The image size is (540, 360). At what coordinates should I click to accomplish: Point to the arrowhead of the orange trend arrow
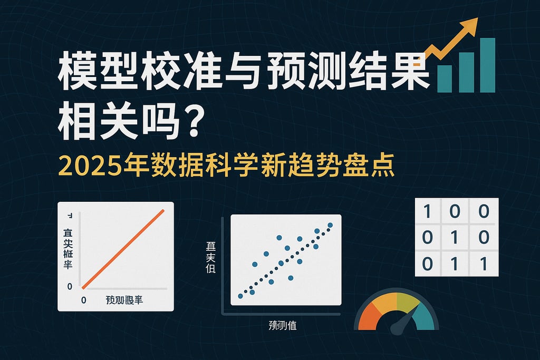[x=471, y=24]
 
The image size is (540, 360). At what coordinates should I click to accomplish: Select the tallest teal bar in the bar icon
[x=487, y=65]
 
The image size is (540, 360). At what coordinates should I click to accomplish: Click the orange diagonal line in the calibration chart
[x=124, y=249]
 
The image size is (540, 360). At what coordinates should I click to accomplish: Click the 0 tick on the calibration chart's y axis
[x=70, y=286]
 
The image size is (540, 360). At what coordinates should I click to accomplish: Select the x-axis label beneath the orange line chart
[x=124, y=300]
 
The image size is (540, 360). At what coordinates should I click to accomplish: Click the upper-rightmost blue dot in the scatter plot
[x=330, y=226]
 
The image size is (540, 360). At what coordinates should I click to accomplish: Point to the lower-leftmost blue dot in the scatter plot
[x=240, y=296]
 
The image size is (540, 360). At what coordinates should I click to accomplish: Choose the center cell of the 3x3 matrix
[x=456, y=237]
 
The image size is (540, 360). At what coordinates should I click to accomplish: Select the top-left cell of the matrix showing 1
[x=428, y=212]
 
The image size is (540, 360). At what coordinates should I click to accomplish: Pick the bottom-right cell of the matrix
[x=484, y=262]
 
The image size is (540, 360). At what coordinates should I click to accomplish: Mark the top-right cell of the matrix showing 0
[x=484, y=212]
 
